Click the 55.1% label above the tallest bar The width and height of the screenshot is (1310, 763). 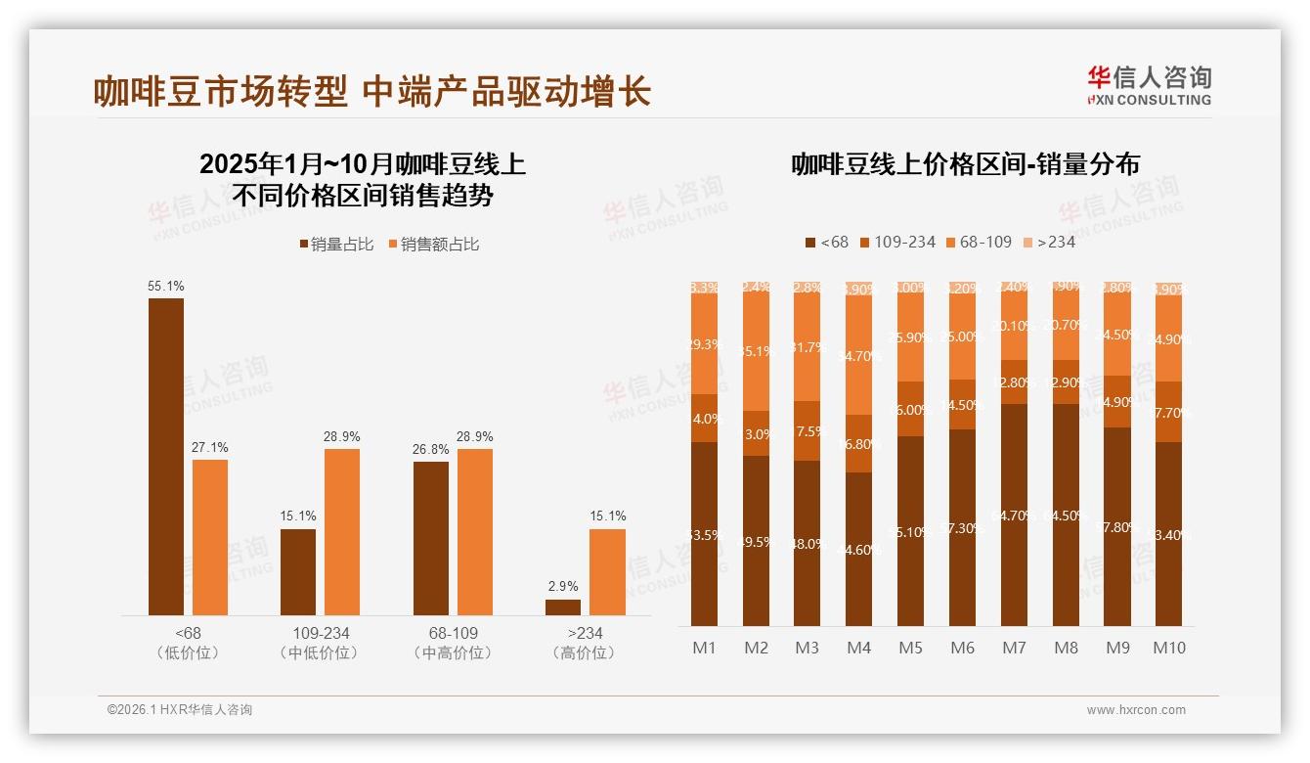pos(165,287)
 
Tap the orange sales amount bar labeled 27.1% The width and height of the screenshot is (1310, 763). pos(210,537)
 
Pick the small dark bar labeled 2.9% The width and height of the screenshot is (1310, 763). pos(563,606)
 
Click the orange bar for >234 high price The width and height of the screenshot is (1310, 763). pos(607,571)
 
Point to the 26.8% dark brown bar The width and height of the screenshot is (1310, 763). pos(431,538)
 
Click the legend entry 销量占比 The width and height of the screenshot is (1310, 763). pos(335,245)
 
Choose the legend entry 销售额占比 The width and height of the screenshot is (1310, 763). pos(434,245)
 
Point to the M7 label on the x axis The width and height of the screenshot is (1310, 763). pos(1015,648)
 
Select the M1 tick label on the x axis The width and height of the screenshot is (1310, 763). pos(704,648)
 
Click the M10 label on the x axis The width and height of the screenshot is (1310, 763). pos(1169,648)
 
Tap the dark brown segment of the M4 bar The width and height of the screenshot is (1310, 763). pos(858,549)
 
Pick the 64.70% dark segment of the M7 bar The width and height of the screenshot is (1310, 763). pos(1015,515)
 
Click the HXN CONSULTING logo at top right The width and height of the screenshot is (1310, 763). pos(1149,85)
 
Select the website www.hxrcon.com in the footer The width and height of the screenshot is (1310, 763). pos(1136,710)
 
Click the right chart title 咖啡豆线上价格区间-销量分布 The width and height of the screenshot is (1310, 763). pos(965,164)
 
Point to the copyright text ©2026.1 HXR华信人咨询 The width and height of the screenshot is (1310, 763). pos(180,710)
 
